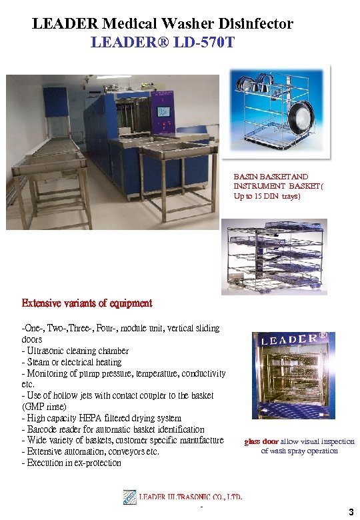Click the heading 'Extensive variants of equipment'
pos(87,303)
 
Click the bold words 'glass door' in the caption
pos(261,441)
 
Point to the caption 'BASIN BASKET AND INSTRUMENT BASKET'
pos(271,181)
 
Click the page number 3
pos(351,512)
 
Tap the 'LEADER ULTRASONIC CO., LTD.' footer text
pos(191,497)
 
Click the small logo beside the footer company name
pos(130,498)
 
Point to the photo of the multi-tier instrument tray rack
pos(275,257)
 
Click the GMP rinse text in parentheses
pos(45,407)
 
